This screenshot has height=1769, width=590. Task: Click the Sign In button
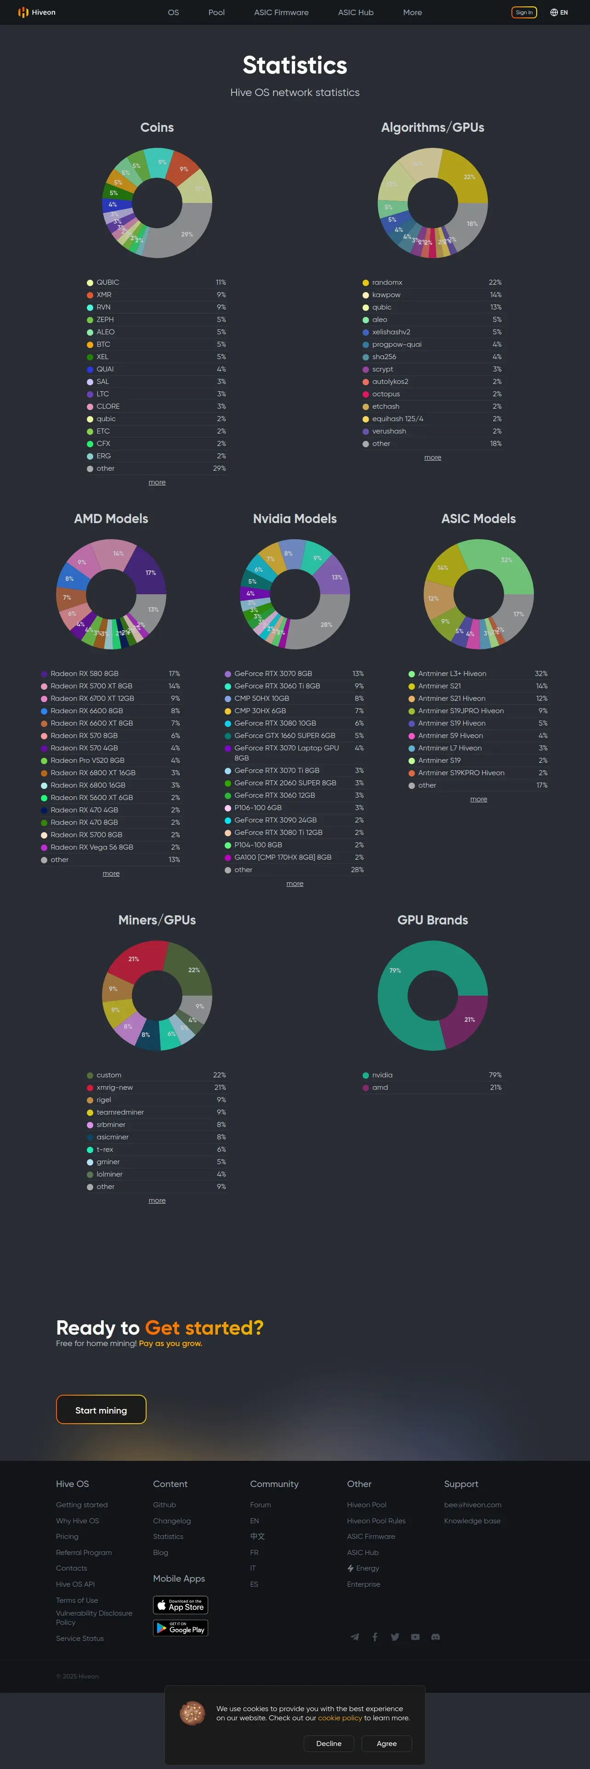click(x=523, y=12)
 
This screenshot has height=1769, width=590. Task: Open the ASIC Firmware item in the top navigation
click(x=281, y=12)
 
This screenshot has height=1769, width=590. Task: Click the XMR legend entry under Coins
click(x=104, y=295)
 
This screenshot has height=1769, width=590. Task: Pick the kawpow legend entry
click(x=386, y=295)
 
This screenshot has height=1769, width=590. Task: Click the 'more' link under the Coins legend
click(x=157, y=482)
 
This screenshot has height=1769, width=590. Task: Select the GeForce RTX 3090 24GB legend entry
click(x=275, y=820)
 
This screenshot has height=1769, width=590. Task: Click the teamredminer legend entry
click(x=120, y=1112)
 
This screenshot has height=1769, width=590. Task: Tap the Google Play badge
click(x=180, y=1628)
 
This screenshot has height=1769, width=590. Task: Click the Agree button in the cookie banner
click(x=386, y=1744)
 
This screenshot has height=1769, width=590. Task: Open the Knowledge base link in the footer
click(x=472, y=1521)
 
